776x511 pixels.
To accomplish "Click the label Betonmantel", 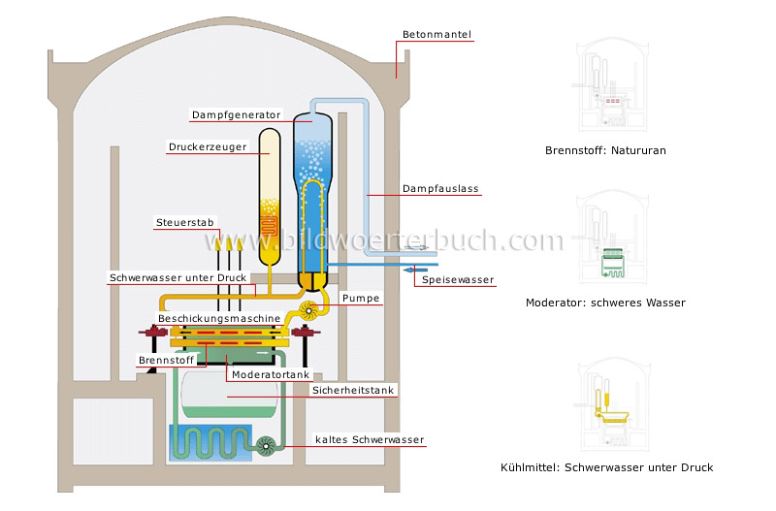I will point(436,36).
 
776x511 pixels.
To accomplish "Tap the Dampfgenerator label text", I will point(236,114).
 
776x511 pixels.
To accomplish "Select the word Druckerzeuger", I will point(207,148).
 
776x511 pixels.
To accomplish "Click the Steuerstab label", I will point(184,223).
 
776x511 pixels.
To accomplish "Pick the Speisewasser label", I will point(458,280).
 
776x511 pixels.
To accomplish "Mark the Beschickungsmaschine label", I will point(219,318).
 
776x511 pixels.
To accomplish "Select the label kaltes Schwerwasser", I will point(370,440).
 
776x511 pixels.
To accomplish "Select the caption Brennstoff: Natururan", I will point(605,151).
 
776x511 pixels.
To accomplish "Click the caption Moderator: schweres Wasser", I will point(605,303).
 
